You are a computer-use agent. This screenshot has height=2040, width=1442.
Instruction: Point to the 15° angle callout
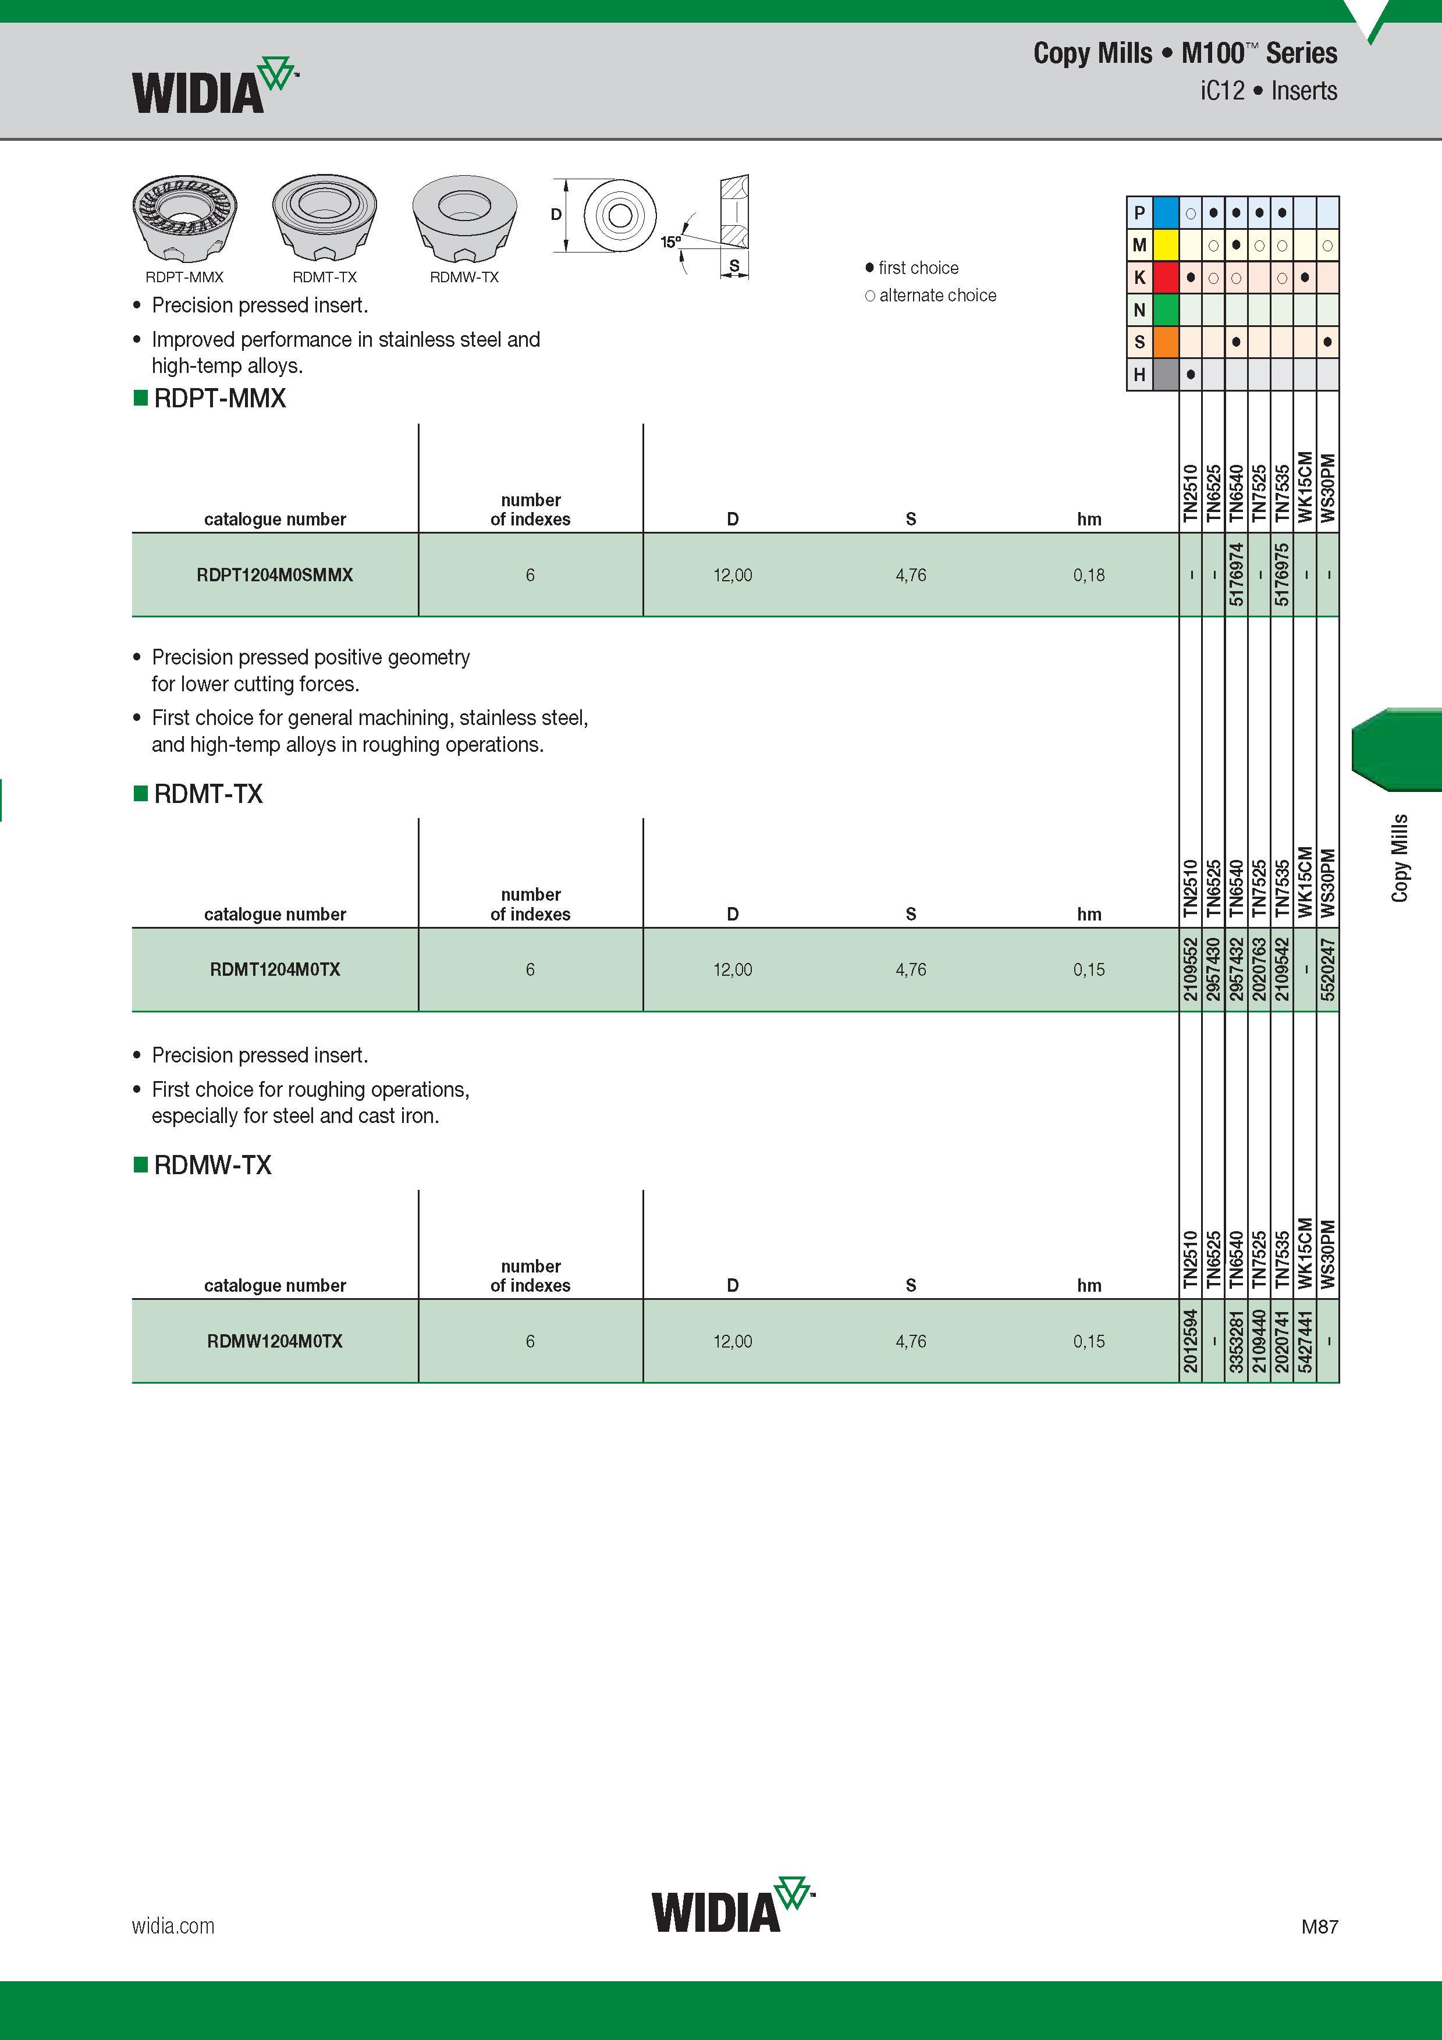[670, 241]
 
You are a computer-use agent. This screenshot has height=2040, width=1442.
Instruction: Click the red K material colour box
[1166, 277]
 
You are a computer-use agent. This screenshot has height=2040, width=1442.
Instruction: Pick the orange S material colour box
[1166, 342]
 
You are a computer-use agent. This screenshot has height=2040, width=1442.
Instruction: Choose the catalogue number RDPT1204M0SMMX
[275, 575]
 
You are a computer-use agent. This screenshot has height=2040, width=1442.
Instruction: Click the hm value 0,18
[1088, 575]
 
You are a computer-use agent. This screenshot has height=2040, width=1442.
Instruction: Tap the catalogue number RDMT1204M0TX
[275, 969]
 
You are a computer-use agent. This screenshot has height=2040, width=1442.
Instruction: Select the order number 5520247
[1327, 969]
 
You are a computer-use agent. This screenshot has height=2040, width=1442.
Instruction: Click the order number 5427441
[1304, 1341]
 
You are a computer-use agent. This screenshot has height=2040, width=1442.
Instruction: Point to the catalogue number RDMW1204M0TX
[275, 1341]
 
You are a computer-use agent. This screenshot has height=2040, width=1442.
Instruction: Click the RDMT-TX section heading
[208, 794]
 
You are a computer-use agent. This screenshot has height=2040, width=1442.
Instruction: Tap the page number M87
[1319, 1927]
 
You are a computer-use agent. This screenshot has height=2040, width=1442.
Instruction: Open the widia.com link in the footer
[173, 1925]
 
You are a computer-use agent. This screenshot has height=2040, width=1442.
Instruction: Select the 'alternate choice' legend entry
[930, 295]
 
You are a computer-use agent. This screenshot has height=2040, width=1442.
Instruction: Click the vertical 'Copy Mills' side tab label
[1400, 858]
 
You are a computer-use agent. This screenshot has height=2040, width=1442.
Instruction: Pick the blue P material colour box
[1166, 212]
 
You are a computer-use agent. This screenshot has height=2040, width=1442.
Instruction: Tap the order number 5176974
[1236, 575]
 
